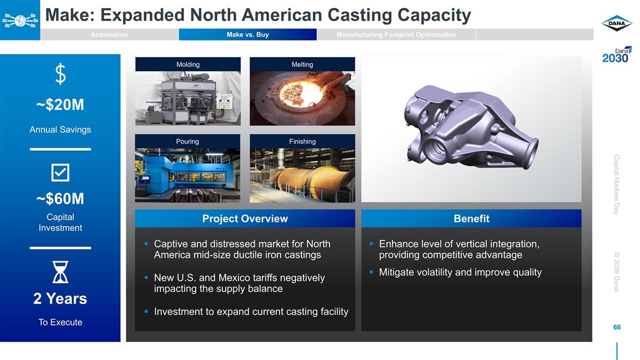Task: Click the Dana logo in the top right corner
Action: coord(617,24)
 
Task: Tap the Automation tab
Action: coord(109,35)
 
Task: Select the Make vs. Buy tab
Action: coord(247,35)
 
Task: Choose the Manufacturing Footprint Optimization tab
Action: coord(396,35)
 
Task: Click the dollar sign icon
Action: coord(61,74)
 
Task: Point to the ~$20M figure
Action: coord(60,105)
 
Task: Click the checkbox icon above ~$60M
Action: coord(60,172)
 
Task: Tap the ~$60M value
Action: coord(60,199)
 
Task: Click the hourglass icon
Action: coord(60,272)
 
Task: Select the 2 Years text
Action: coord(60,299)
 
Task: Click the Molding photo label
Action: coord(188,65)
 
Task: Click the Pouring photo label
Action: coord(187,141)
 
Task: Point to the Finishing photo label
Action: coord(302,141)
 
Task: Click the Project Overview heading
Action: coord(245,219)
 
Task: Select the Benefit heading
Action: coord(471,219)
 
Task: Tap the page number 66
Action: coord(617,327)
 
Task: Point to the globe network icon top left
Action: coord(20,20)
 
